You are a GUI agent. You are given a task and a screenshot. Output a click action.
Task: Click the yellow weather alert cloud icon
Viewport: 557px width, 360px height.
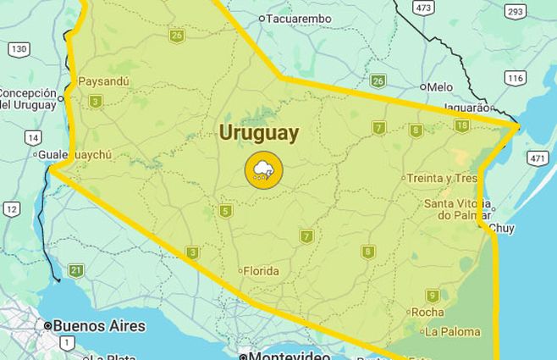pyautogui.click(x=263, y=169)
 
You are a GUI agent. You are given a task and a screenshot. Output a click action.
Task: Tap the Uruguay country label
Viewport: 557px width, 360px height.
pyautogui.click(x=259, y=132)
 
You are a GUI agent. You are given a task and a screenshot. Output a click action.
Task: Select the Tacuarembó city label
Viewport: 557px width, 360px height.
pyautogui.click(x=299, y=19)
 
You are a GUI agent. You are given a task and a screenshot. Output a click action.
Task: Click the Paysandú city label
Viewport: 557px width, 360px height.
pyautogui.click(x=103, y=82)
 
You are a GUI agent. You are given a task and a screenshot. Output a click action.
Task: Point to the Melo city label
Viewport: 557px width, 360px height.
pyautogui.click(x=439, y=86)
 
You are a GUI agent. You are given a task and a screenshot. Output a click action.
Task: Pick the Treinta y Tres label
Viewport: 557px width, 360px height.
pyautogui.click(x=441, y=178)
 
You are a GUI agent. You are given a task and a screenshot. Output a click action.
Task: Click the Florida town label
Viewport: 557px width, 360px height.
pyautogui.click(x=261, y=272)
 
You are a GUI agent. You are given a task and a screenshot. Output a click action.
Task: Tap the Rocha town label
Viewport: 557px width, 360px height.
pyautogui.click(x=427, y=312)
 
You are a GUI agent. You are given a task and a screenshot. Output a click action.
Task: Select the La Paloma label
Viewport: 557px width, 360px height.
pyautogui.click(x=452, y=331)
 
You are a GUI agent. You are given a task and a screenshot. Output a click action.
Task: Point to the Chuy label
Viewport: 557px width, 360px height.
pyautogui.click(x=502, y=228)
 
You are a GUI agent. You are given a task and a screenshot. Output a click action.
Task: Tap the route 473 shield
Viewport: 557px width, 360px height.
pyautogui.click(x=424, y=7)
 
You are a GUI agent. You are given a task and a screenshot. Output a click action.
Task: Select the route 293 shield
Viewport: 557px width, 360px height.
pyautogui.click(x=514, y=10)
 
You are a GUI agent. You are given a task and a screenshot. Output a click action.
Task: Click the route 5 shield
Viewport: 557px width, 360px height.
pyautogui.click(x=225, y=211)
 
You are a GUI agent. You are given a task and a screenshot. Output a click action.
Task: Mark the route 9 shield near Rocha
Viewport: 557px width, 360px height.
pyautogui.click(x=433, y=296)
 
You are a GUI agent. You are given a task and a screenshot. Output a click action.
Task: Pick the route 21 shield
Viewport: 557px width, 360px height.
pyautogui.click(x=76, y=271)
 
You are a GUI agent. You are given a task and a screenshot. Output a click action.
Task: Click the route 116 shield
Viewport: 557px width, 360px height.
pyautogui.click(x=515, y=77)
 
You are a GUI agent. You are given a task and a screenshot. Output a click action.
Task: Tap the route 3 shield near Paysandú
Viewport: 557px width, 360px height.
pyautogui.click(x=96, y=102)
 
